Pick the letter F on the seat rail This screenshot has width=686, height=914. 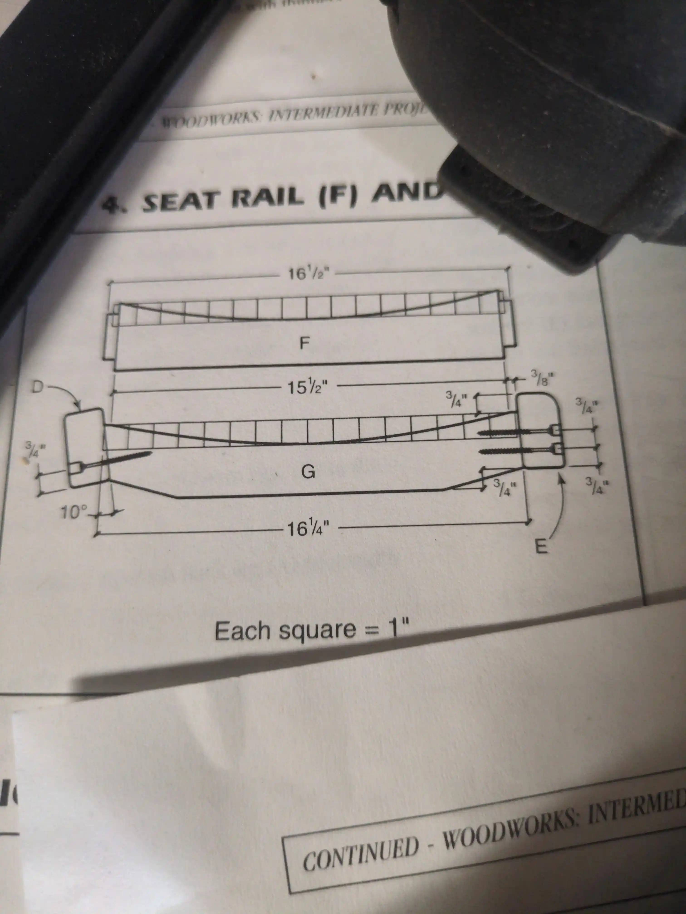pyautogui.click(x=305, y=343)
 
